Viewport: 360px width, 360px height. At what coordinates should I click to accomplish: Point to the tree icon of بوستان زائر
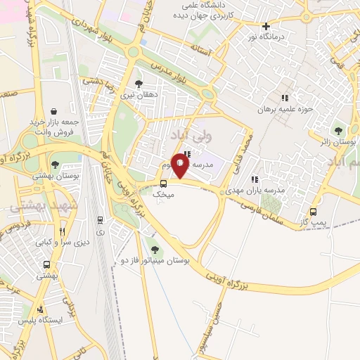pos(339,130)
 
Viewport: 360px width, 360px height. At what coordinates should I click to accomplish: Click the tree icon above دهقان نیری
pos(148,84)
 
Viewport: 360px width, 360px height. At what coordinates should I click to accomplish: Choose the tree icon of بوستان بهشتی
pos(55,165)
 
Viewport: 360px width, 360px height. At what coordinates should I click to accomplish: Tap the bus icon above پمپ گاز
pos(313,212)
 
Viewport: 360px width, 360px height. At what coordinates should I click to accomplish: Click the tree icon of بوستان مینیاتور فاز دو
pos(155,250)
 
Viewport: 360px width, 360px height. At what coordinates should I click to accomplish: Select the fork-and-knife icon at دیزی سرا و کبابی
pos(62,231)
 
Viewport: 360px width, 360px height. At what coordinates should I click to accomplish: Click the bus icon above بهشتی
pos(46,265)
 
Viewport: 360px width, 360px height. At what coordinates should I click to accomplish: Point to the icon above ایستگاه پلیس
pos(40,309)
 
